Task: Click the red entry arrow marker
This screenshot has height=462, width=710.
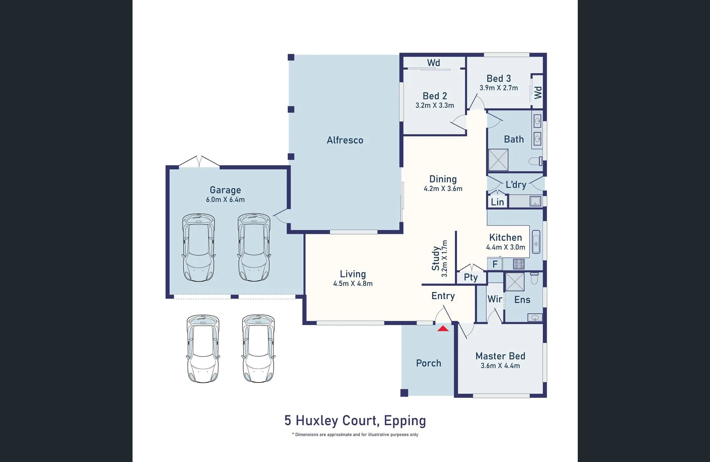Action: tap(443, 329)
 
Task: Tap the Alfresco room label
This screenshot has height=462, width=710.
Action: tap(345, 140)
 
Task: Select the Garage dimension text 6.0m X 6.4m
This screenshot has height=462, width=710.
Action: tap(225, 200)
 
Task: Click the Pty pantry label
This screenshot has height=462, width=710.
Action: tap(471, 277)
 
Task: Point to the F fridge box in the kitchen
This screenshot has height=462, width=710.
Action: tap(495, 264)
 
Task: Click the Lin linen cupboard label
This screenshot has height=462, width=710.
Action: tap(497, 202)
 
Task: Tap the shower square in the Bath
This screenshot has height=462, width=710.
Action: tap(498, 160)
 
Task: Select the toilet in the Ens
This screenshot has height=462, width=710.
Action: tap(534, 279)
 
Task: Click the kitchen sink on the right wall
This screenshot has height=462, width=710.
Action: tap(536, 243)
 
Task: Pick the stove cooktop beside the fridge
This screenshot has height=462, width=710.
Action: tap(519, 264)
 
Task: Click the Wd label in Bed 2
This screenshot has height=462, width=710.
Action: tap(433, 63)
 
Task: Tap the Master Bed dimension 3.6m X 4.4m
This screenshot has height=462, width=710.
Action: tap(500, 366)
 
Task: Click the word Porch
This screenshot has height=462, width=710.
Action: tap(428, 363)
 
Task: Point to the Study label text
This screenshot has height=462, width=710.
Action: tap(436, 258)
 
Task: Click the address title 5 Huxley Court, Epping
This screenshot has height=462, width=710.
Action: tap(355, 421)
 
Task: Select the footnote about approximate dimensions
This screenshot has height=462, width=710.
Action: tap(355, 435)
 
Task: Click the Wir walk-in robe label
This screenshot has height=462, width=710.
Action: tap(495, 299)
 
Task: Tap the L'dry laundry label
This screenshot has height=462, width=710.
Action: tap(516, 185)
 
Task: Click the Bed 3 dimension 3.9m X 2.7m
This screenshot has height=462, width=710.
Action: tap(498, 88)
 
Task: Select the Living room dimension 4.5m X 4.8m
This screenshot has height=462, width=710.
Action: tap(353, 284)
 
